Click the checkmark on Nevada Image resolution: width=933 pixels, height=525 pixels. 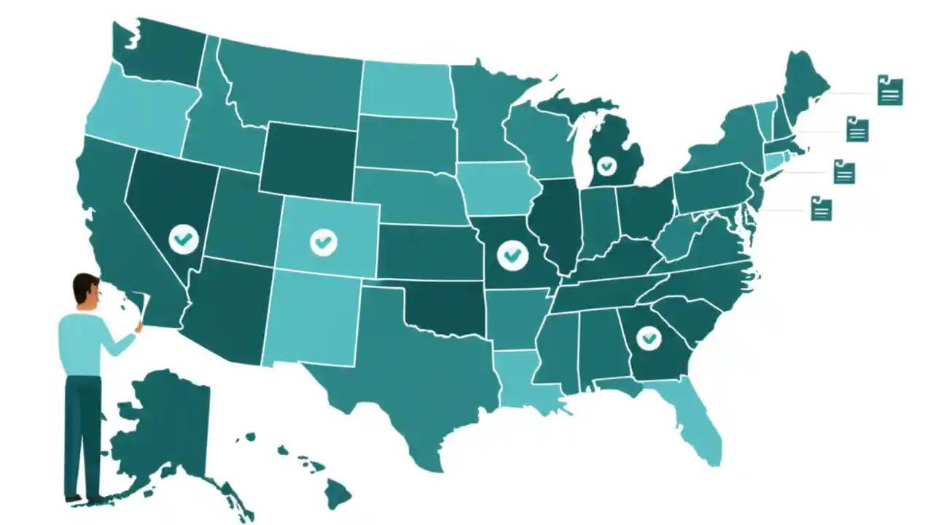pos(184,238)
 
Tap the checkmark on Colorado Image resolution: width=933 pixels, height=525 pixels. pos(323,242)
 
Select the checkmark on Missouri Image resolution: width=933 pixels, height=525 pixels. pos(512,254)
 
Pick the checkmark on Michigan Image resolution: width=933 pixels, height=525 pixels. pos(606,166)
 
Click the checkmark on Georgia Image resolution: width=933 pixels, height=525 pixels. pos(648,338)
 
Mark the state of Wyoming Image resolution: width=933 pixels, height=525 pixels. pos(308,157)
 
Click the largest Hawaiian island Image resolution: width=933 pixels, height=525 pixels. pos(337,494)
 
